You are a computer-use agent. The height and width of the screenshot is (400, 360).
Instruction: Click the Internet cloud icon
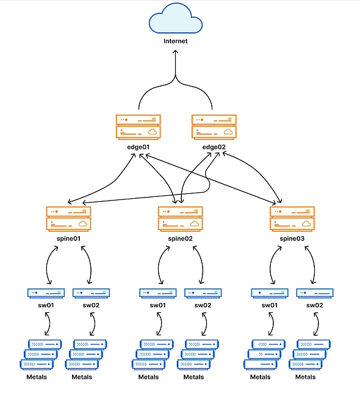click(176, 18)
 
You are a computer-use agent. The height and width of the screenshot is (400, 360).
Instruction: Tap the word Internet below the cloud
click(175, 41)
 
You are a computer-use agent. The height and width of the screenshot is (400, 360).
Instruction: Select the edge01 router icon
click(138, 127)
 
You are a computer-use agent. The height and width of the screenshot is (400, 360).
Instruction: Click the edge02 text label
click(214, 147)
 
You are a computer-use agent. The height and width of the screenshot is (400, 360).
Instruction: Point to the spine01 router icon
click(68, 219)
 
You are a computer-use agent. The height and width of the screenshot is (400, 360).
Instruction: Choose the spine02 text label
click(180, 238)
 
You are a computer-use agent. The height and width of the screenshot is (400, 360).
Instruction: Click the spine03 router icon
click(292, 219)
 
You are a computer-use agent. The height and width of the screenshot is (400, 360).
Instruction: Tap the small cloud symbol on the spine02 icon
click(195, 223)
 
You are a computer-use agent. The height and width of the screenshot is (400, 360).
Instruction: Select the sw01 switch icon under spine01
click(46, 293)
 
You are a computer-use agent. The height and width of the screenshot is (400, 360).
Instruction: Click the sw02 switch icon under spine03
click(315, 293)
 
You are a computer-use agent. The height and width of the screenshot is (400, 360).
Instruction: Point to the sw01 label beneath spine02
click(158, 305)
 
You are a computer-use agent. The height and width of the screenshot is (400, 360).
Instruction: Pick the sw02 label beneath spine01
click(91, 305)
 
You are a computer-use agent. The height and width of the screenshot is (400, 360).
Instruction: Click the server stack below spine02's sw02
click(198, 355)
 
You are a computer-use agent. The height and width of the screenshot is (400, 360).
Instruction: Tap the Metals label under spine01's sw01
click(37, 377)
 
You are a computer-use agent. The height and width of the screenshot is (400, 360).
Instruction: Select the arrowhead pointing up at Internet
click(175, 52)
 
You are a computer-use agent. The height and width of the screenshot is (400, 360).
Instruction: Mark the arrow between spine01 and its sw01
click(47, 265)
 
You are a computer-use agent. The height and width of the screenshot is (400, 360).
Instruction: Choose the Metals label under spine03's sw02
click(305, 377)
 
